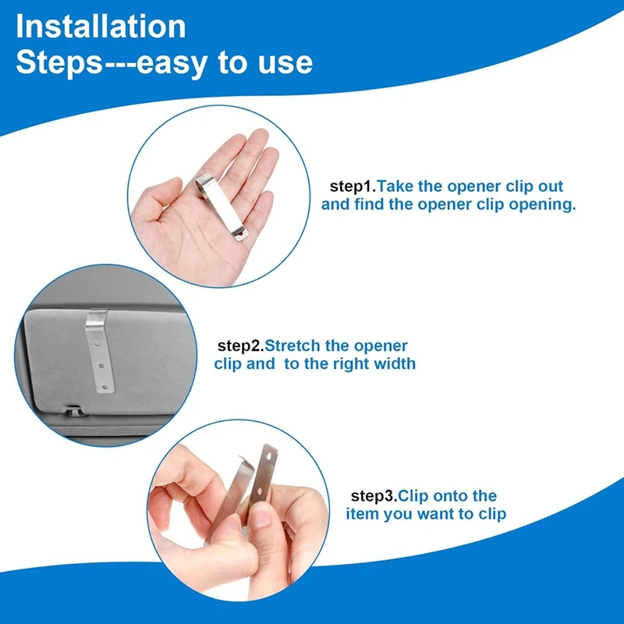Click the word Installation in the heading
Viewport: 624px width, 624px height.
[x=101, y=27]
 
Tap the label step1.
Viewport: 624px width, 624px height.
[x=353, y=187]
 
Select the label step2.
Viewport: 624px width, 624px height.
[x=239, y=346]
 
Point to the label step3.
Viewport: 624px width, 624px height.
[x=374, y=496]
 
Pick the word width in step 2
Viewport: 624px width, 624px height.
[x=394, y=363]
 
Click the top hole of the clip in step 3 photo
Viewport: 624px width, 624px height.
[x=268, y=450]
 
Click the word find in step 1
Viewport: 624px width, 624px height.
[x=366, y=206]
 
